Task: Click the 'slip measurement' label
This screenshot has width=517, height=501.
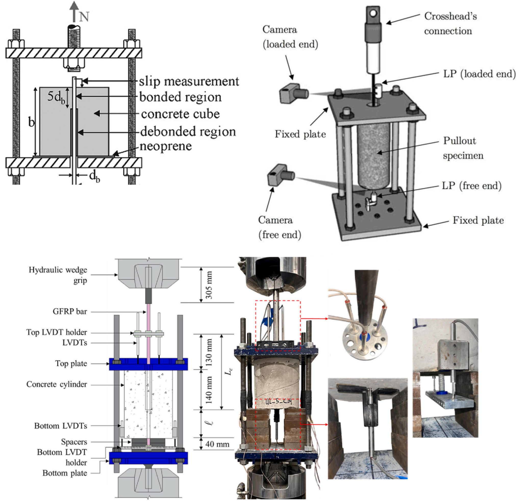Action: [x=189, y=82]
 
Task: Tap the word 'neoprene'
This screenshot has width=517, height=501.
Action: [x=166, y=146]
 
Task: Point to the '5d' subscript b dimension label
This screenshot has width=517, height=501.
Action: [x=56, y=97]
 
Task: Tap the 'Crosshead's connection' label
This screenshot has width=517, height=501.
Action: [x=450, y=24]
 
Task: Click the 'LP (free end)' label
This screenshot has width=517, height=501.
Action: [x=471, y=186]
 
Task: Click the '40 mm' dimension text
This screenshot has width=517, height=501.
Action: [x=217, y=444]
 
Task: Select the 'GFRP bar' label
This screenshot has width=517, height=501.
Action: [x=70, y=312]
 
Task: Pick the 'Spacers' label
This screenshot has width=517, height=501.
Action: [x=74, y=442]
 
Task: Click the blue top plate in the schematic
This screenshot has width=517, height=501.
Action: [x=148, y=364]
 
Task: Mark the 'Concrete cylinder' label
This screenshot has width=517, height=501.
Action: [x=56, y=384]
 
